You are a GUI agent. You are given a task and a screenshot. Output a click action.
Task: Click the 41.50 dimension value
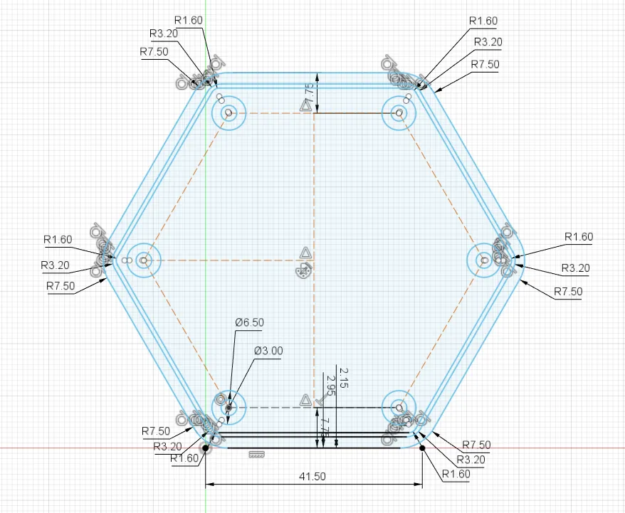pyautogui.click(x=311, y=477)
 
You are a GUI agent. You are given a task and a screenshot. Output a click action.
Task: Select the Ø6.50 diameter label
pyautogui.click(x=249, y=322)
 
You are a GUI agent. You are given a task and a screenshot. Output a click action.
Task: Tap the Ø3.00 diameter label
pyautogui.click(x=268, y=350)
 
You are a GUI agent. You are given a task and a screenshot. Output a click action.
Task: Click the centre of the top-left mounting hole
pyautogui.click(x=229, y=112)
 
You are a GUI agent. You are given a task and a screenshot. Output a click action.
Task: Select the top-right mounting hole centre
pyautogui.click(x=399, y=112)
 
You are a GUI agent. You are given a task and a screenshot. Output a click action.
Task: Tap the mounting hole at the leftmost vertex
pyautogui.click(x=144, y=260)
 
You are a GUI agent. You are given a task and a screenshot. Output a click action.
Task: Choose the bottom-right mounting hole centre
pyautogui.click(x=399, y=408)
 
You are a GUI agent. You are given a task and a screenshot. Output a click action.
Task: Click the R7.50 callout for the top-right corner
pyautogui.click(x=485, y=64)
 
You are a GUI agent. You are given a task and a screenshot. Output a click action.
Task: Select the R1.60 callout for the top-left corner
pyautogui.click(x=188, y=20)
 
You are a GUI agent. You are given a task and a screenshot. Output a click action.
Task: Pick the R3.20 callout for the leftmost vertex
pyautogui.click(x=55, y=265)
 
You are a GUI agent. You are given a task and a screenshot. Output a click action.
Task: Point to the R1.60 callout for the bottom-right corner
pyautogui.click(x=456, y=474)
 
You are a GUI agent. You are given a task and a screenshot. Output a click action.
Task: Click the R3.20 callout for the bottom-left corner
pyautogui.click(x=168, y=445)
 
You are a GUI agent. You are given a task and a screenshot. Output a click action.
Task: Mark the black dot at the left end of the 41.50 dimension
pyautogui.click(x=206, y=448)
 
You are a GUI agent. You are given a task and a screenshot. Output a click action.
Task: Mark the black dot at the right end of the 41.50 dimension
pyautogui.click(x=422, y=448)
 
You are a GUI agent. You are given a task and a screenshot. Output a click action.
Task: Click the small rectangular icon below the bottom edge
pyautogui.click(x=256, y=454)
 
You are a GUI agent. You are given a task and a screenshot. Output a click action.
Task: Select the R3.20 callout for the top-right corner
pyautogui.click(x=488, y=42)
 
